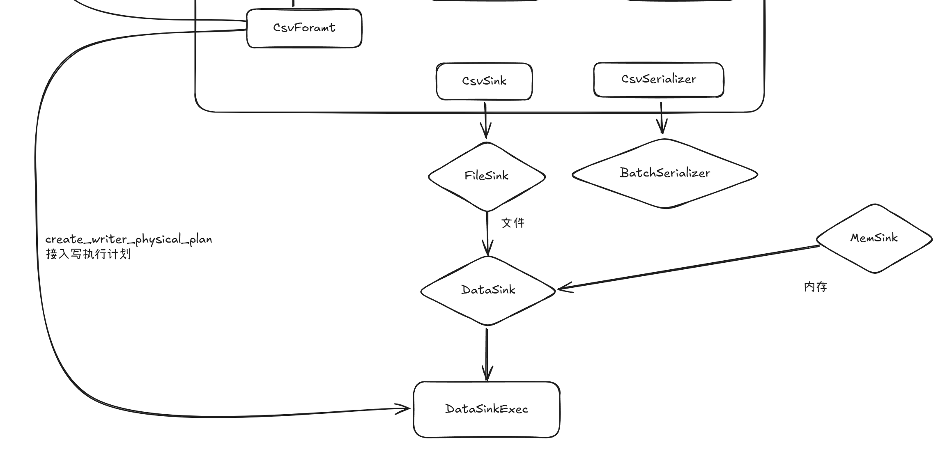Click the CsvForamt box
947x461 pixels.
(x=304, y=28)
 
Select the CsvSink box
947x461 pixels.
(x=484, y=81)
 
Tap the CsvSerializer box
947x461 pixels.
(x=658, y=79)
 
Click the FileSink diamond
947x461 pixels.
(x=487, y=176)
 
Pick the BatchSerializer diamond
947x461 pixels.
(x=665, y=173)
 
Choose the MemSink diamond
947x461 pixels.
(x=874, y=238)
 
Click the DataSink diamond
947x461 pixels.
(x=488, y=290)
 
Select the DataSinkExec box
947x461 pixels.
(x=487, y=409)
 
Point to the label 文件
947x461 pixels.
(x=513, y=223)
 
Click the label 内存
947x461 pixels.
(x=816, y=287)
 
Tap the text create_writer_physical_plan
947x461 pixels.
(x=129, y=239)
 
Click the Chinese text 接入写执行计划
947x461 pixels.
(x=88, y=254)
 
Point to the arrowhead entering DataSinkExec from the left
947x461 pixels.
(x=405, y=408)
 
